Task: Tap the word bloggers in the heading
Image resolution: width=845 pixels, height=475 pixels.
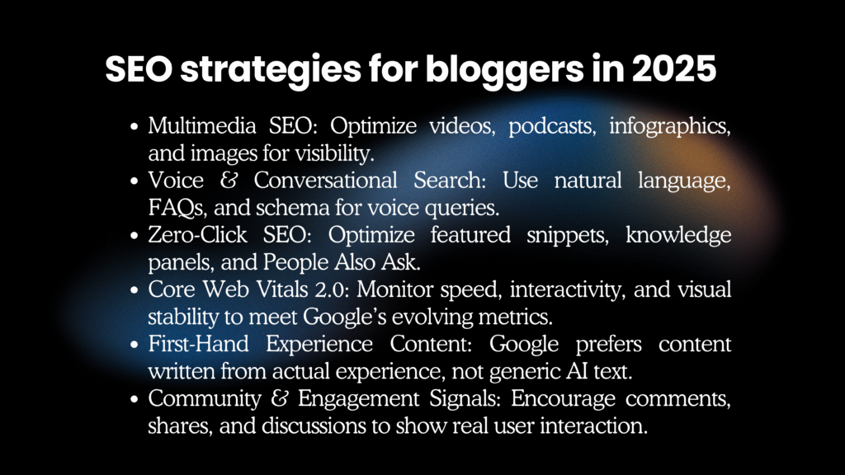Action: tap(504, 71)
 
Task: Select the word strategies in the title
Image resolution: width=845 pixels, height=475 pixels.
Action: tap(271, 71)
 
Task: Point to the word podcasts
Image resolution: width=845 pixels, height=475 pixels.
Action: tap(552, 127)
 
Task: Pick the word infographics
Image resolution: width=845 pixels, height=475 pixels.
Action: tap(670, 127)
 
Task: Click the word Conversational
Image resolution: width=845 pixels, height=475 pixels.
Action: tap(325, 180)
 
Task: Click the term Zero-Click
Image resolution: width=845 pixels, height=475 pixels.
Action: tap(198, 235)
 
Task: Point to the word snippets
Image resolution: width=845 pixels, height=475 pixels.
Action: tap(568, 236)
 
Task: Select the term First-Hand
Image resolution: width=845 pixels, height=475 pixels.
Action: tap(198, 344)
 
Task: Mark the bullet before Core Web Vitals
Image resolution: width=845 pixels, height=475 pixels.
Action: tap(135, 289)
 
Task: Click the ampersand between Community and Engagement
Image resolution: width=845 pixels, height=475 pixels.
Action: tap(279, 398)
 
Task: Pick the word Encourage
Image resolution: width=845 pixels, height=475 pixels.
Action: tap(563, 399)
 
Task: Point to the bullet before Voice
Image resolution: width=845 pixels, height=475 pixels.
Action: tap(135, 181)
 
